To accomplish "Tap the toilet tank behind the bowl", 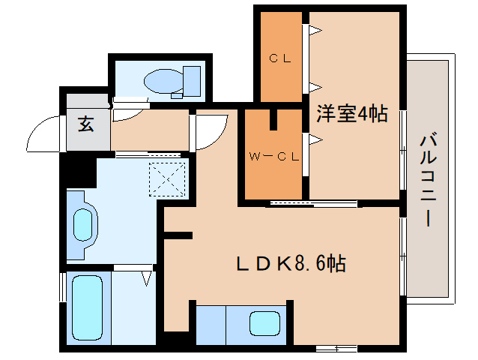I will pyautogui.click(x=192, y=81).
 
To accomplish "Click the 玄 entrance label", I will pyautogui.click(x=87, y=125).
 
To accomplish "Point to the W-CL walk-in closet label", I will pyautogui.click(x=274, y=157).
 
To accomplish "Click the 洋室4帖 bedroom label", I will pyautogui.click(x=352, y=114).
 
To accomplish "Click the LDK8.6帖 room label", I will pyautogui.click(x=291, y=263).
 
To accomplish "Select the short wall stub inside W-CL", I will pyautogui.click(x=275, y=121).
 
